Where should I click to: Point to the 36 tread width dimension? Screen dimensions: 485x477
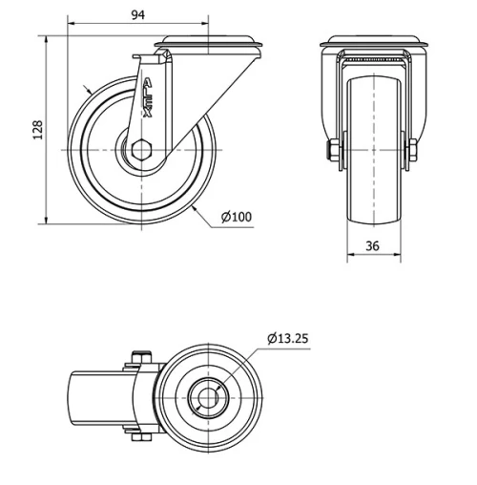[373, 246]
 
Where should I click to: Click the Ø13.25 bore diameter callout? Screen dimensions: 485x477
[288, 338]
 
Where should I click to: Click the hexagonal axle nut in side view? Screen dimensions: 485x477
[140, 149]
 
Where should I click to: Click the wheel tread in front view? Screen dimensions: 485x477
[373, 143]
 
